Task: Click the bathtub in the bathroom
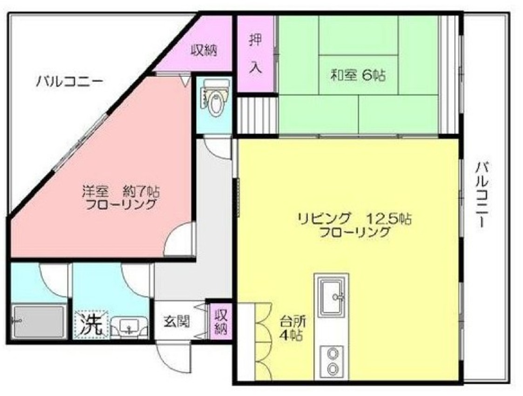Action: [38, 322]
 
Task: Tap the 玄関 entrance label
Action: [176, 321]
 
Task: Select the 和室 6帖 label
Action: [358, 75]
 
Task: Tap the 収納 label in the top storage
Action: [204, 50]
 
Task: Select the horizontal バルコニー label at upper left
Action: [69, 83]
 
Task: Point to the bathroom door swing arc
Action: [53, 277]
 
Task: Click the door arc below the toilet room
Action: [217, 147]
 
